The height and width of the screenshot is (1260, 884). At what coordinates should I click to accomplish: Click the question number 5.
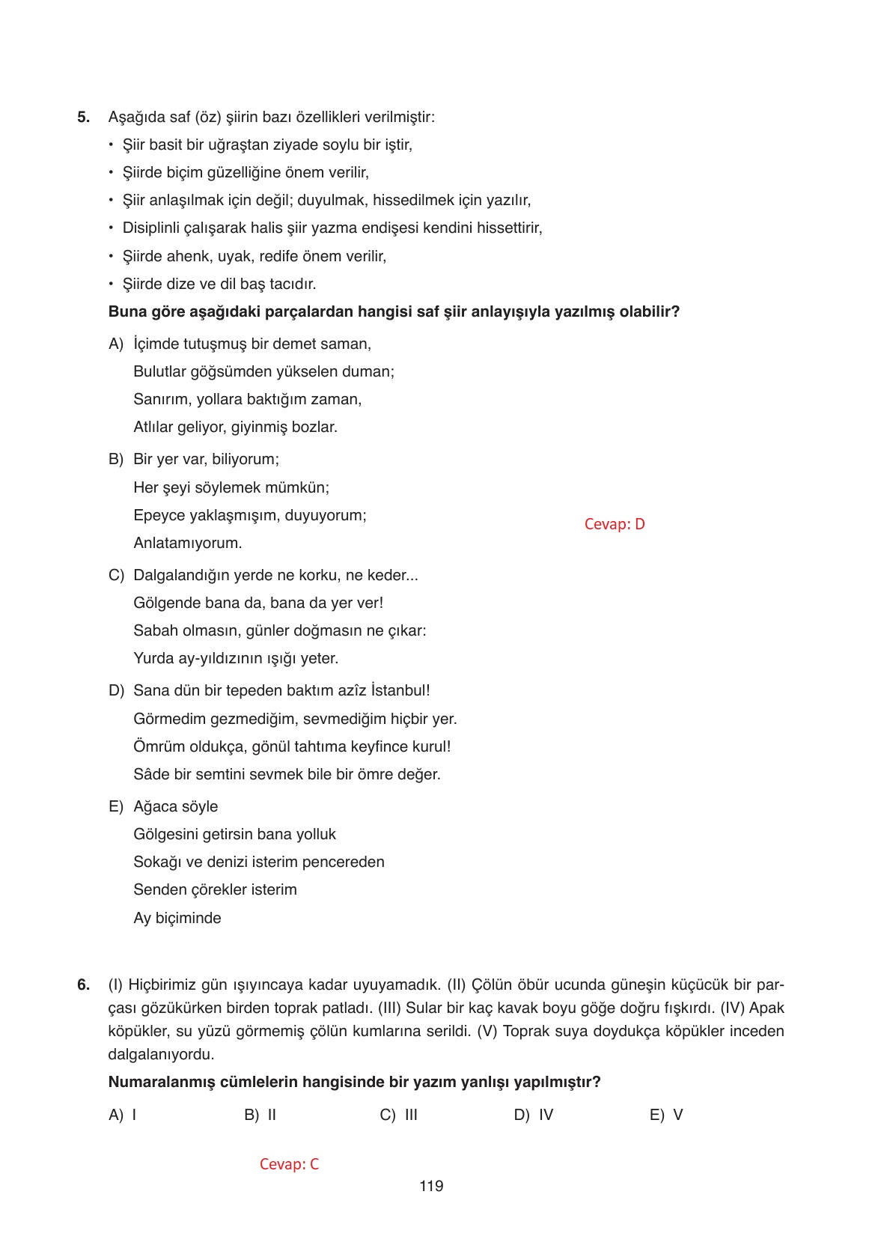pos(83,118)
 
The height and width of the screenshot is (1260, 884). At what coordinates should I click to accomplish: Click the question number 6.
pos(83,985)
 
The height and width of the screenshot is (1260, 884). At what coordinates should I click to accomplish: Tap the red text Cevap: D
pos(614,524)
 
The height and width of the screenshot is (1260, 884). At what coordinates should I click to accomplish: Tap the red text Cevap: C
pos(289,1164)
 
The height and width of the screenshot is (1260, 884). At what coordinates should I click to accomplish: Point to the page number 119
pos(431,1186)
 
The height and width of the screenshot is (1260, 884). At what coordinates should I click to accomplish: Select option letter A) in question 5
pos(115,344)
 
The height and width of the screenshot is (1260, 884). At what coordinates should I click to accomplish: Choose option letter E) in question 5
pos(115,807)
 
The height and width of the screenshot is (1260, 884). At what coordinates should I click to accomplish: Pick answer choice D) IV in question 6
pos(533,1115)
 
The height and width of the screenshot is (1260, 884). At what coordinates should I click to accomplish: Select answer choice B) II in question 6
pos(260,1115)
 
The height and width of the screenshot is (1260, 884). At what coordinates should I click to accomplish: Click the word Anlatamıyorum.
pos(187,544)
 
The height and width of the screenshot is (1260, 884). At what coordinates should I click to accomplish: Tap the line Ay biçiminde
pos(177,919)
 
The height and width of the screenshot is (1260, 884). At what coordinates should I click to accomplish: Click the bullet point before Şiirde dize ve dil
pos(111,284)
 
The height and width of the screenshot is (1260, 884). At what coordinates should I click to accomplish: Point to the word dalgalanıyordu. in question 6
pos(161,1055)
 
